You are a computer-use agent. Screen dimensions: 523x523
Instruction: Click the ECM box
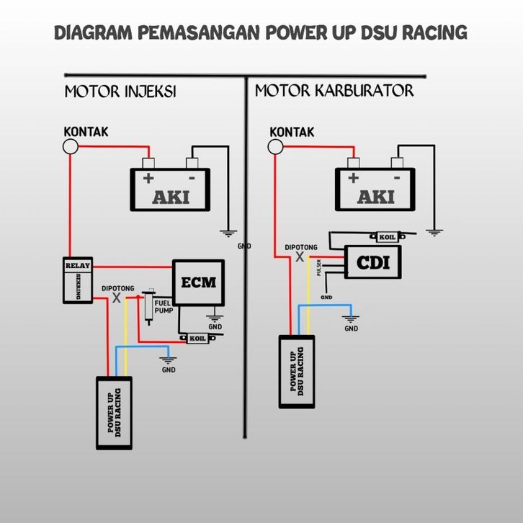pyautogui.click(x=198, y=282)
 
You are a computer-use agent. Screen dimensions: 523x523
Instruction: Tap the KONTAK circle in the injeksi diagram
pyautogui.click(x=71, y=147)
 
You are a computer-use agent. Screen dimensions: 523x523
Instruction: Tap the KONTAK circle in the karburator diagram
pyautogui.click(x=274, y=147)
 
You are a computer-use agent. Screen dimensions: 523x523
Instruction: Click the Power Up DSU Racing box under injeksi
pyautogui.click(x=115, y=413)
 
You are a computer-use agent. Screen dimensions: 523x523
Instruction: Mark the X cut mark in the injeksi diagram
pyautogui.click(x=117, y=298)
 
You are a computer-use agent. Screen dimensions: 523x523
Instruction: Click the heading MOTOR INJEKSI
pyautogui.click(x=120, y=92)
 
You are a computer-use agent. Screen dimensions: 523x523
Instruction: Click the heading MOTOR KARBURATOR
pyautogui.click(x=334, y=91)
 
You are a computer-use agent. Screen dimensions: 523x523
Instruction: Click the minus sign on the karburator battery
pyautogui.click(x=396, y=177)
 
